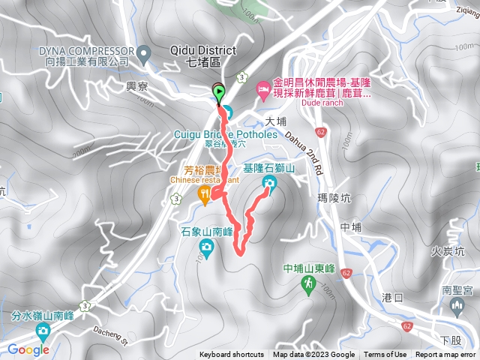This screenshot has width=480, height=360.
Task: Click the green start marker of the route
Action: pyautogui.click(x=219, y=94)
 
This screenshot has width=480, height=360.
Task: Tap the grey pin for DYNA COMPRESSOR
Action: pyautogui.click(x=147, y=51)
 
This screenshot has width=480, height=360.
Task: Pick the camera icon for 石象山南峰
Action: pyautogui.click(x=205, y=247)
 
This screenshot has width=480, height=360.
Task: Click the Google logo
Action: pyautogui.click(x=28, y=349)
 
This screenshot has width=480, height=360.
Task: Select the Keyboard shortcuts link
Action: pyautogui.click(x=232, y=355)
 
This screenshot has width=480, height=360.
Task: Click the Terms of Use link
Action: pyautogui.click(x=385, y=355)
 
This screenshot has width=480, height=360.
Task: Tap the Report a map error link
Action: pyautogui.click(x=445, y=355)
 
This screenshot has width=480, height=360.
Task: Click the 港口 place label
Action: pyautogui.click(x=393, y=297)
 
